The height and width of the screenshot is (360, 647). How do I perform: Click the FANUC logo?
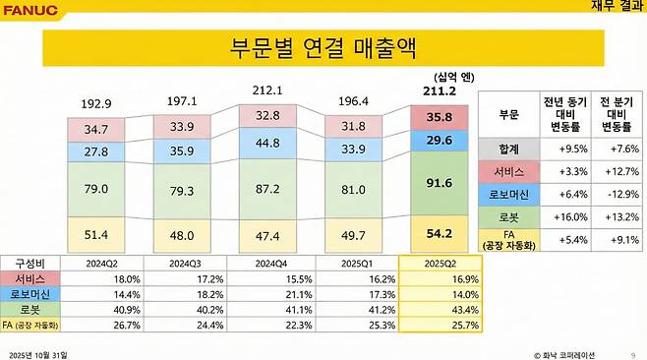point(30,10)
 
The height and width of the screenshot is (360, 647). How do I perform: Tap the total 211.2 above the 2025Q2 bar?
point(433,92)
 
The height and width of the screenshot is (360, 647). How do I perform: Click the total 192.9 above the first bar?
point(96,103)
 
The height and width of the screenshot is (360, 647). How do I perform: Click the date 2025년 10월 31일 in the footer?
point(38,351)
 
